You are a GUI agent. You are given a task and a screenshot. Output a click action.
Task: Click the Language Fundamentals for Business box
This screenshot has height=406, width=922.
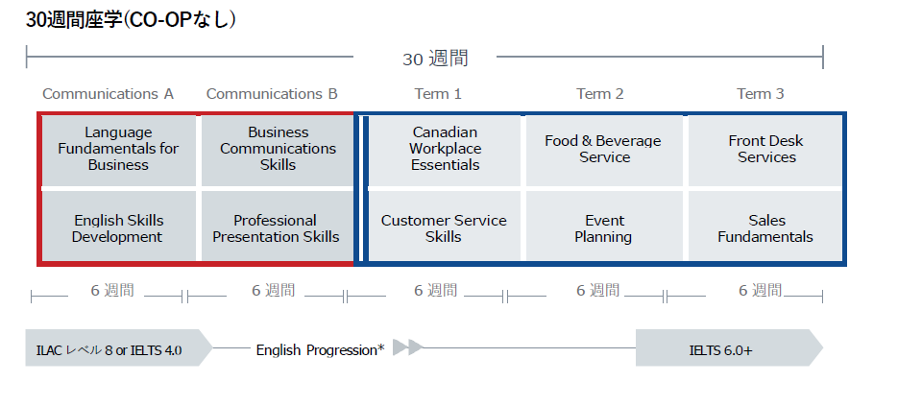point(119,150)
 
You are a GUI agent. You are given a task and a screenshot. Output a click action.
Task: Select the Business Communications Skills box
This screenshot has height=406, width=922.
point(278,150)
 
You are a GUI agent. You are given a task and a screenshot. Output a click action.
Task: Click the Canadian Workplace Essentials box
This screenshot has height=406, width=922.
point(445,150)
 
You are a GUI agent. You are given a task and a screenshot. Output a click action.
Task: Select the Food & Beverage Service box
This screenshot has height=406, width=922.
point(604,150)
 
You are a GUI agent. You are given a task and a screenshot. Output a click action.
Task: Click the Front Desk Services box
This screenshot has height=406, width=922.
point(765,150)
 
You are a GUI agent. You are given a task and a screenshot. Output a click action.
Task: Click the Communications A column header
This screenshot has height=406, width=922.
point(109,94)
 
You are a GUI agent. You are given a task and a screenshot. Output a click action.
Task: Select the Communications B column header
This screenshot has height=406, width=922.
point(272,94)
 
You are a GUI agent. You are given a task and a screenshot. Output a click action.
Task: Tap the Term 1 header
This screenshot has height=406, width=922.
point(438,94)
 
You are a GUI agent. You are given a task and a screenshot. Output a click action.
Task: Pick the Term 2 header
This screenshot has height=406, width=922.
point(600,94)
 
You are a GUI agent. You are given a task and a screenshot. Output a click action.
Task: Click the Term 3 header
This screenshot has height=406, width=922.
point(761,94)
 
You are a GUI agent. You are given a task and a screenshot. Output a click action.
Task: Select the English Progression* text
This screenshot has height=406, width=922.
point(321,350)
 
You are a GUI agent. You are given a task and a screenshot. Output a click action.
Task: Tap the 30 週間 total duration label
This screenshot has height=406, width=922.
point(436,59)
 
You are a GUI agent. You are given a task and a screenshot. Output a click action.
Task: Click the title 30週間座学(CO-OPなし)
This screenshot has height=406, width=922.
point(132,19)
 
